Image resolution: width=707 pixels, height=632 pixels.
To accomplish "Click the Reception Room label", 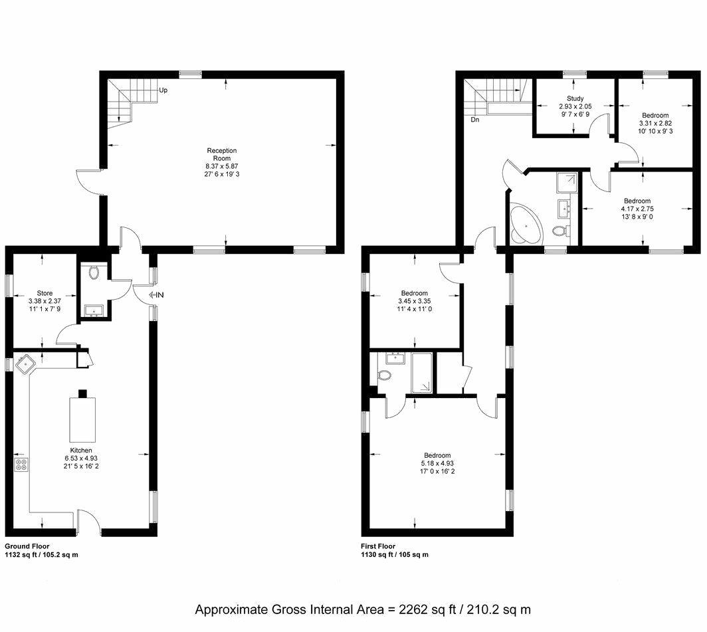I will (221, 154).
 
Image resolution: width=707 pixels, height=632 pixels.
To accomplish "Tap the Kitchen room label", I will (78, 450).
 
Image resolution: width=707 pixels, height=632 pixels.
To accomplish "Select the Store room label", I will (45, 292).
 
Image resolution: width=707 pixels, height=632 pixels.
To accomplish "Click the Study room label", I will (575, 98).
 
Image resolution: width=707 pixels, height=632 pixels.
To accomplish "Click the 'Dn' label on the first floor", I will (475, 120).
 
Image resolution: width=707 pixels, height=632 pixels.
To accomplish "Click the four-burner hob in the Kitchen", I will (21, 465).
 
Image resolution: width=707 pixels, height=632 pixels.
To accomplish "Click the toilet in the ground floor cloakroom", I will (94, 272).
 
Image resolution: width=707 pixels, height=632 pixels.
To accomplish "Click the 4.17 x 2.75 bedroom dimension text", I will (637, 208).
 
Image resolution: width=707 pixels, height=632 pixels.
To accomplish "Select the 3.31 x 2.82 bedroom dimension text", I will (655, 123).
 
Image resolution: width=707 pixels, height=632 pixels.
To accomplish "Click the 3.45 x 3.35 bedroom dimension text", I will (415, 300).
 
